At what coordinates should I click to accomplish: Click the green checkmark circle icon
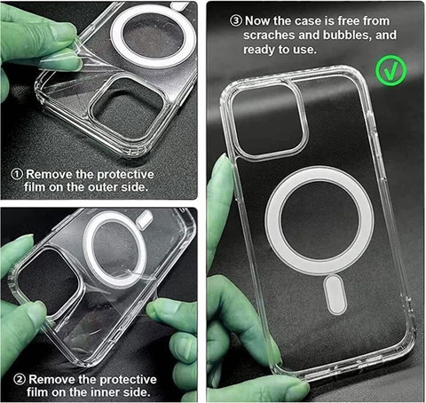[391, 70]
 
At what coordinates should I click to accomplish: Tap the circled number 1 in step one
[17, 174]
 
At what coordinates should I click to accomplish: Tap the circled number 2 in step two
[20, 379]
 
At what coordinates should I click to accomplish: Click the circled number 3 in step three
[236, 20]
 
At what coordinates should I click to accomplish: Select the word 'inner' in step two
[105, 392]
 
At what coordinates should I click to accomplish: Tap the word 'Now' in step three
[257, 20]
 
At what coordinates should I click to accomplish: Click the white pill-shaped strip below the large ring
[335, 295]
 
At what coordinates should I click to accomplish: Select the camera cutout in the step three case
[269, 120]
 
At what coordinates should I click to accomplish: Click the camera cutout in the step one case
[128, 106]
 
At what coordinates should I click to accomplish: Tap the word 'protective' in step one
[125, 174]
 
